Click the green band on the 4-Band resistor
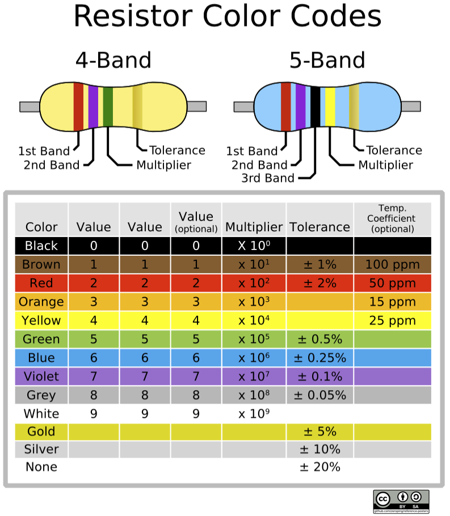pos(108,107)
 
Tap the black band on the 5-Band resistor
pos(316,107)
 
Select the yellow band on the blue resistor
pos(330,107)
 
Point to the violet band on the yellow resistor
pos(93,107)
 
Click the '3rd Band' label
pos(268,178)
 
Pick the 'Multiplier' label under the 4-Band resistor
pos(164,165)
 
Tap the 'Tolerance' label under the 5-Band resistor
pos(394,150)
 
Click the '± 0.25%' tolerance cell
pos(320,358)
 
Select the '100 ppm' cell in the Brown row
pos(392,264)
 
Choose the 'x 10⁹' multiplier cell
pos(254,414)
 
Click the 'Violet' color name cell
pos(41,377)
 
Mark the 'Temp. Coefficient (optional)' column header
pos(392,219)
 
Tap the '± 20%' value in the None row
pos(320,467)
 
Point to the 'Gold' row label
pos(41,432)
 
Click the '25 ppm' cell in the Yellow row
pos(392,320)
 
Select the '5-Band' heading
pos(327,60)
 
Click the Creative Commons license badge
pos(401,501)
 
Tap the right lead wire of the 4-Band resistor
pos(197,107)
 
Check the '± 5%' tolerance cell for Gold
pos(320,432)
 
